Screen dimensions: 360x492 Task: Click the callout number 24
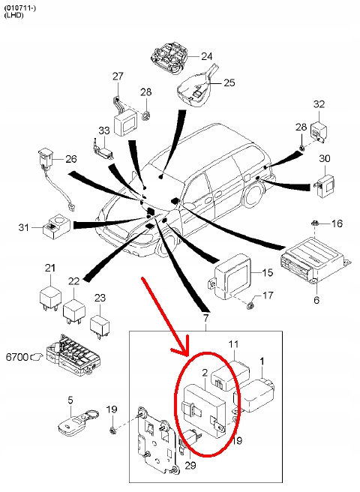207,56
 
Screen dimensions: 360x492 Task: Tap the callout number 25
229,82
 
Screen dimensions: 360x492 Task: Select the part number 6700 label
17,357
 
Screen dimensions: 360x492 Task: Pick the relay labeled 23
100,325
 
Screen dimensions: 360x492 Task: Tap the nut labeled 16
315,223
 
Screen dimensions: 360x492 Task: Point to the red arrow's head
181,346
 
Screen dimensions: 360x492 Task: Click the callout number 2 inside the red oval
205,373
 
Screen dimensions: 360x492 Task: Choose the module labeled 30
325,186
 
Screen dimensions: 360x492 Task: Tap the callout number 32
319,103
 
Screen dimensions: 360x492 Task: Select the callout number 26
71,159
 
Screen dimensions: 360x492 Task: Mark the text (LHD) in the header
13,15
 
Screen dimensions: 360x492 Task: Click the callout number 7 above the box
205,318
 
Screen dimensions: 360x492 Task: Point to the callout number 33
104,130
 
